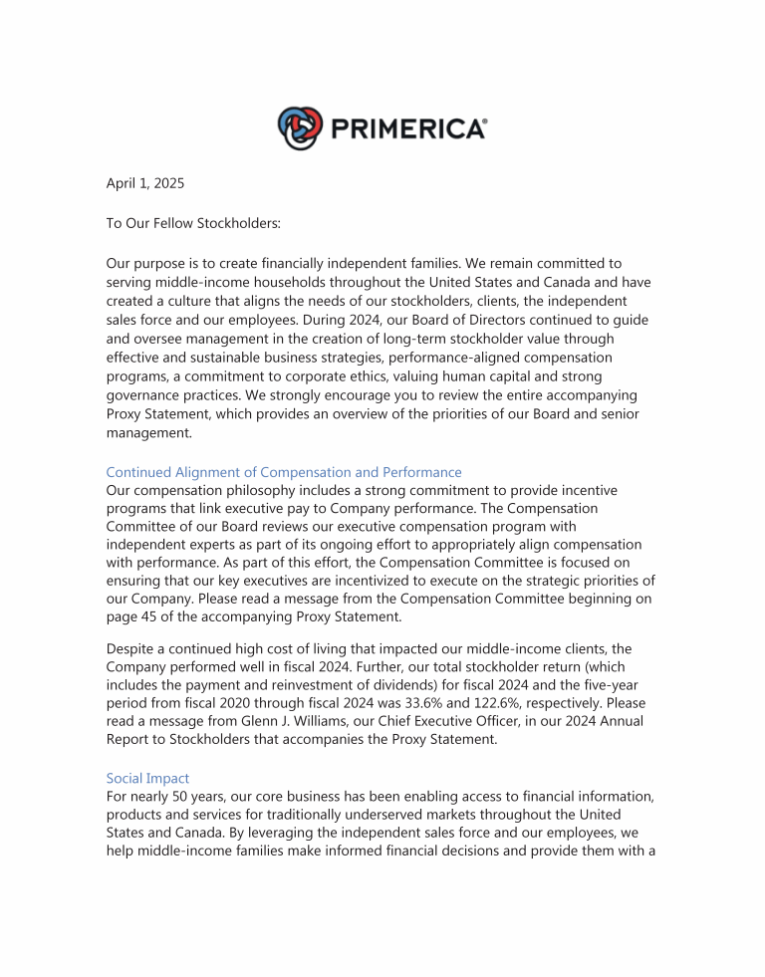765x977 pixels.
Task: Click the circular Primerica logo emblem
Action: click(x=301, y=127)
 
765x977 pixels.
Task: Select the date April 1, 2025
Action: click(x=144, y=183)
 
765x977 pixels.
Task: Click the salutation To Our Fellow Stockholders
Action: click(x=193, y=224)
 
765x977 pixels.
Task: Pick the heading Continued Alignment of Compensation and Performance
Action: click(x=284, y=472)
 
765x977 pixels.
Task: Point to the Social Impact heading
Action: click(x=147, y=778)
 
